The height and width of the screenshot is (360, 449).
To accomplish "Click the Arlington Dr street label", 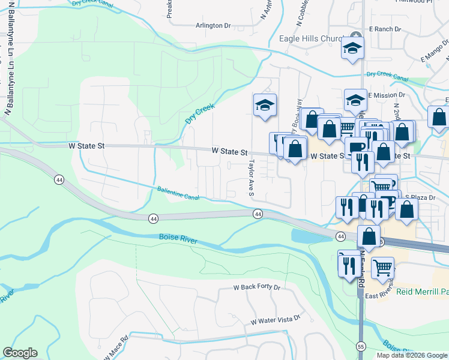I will pos(213,26).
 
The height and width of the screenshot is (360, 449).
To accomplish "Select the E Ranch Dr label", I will pos(385,29).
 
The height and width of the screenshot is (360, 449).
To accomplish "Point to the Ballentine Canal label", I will pos(178,192).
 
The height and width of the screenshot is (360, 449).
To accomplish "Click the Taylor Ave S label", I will pos(252,178).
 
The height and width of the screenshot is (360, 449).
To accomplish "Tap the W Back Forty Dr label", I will pos(257,287).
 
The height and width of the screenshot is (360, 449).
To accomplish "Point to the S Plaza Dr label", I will pos(419,197).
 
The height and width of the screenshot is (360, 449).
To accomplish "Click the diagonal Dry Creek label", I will pos(200,113).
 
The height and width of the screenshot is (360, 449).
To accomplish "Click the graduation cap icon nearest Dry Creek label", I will pos(265,106).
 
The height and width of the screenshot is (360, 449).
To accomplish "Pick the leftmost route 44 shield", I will pos(59,179).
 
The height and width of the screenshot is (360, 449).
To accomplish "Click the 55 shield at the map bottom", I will pos(361,347).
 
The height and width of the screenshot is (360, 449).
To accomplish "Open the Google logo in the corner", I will pos(20,353).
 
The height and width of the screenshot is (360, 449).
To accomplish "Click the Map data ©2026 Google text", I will pos(412,355).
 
